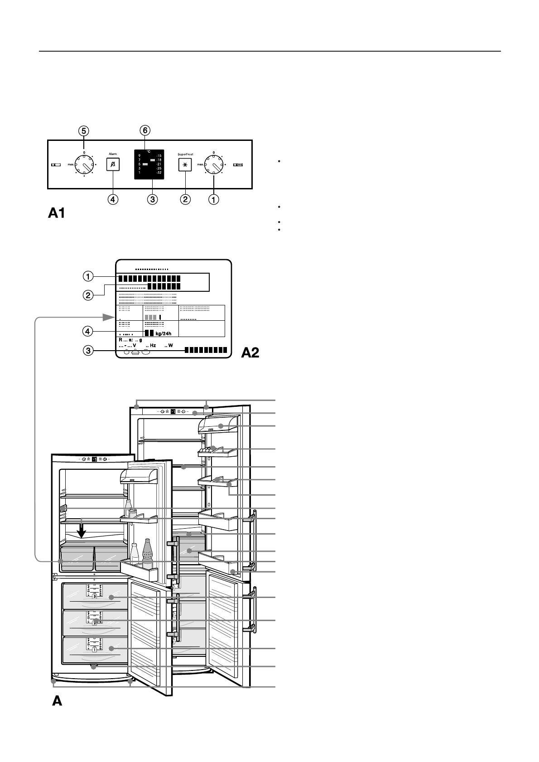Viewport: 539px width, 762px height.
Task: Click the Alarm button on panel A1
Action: [x=113, y=164]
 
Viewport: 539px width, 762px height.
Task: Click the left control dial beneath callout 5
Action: [x=84, y=164]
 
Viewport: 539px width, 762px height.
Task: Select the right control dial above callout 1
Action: [x=213, y=164]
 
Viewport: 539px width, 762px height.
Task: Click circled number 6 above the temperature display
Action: [x=144, y=130]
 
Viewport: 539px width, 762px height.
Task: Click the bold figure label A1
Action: [x=56, y=213]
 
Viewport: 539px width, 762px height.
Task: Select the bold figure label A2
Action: [x=250, y=352]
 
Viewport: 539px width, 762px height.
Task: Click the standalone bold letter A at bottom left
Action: [x=57, y=701]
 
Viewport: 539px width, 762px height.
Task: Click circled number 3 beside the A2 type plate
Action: [x=88, y=351]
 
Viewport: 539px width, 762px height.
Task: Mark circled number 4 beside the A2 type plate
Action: [x=88, y=332]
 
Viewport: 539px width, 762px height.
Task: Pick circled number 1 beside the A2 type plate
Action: [x=88, y=275]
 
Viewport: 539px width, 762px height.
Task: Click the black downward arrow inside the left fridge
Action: [x=82, y=531]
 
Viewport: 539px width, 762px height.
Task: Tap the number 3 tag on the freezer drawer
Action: [x=95, y=596]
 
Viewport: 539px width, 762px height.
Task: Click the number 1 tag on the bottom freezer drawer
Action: [x=94, y=649]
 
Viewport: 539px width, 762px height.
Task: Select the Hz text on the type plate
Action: [x=151, y=346]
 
